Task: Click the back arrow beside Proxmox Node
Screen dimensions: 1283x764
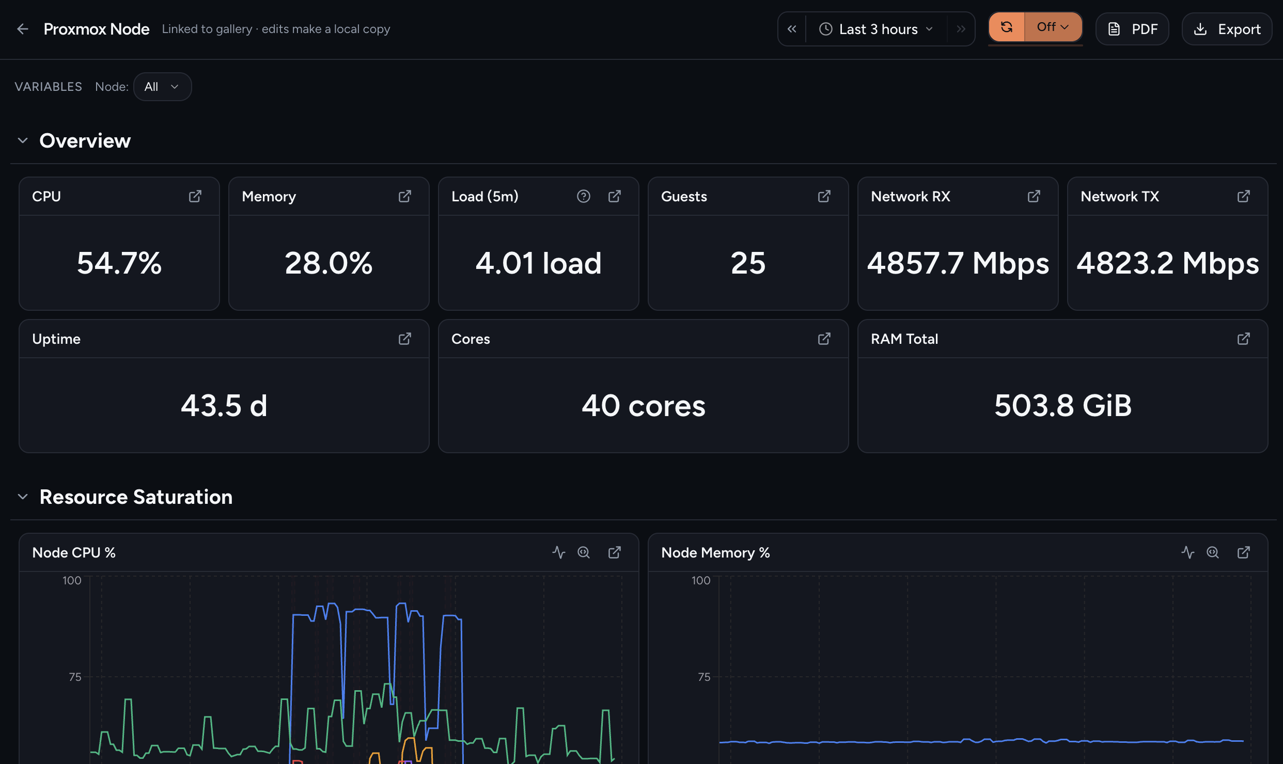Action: pos(23,29)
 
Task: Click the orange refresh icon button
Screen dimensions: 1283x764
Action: pos(1006,27)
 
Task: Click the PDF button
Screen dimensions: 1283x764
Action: pos(1132,29)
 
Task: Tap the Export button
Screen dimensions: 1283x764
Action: pos(1227,29)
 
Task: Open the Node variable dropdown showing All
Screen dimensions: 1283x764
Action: pos(162,87)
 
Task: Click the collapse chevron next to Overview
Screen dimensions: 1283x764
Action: pos(23,140)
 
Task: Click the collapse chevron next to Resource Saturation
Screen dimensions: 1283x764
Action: pos(23,497)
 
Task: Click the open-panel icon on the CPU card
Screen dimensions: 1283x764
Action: pos(195,196)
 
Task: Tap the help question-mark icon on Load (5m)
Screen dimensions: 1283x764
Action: pos(584,196)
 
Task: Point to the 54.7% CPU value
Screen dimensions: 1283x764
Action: pos(119,263)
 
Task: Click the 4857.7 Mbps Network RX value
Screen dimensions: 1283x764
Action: pos(958,263)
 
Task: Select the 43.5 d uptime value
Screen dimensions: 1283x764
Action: pos(224,405)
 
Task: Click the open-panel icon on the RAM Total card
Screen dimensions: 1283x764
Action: pos(1244,339)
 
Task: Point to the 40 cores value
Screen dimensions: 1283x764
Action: pos(644,405)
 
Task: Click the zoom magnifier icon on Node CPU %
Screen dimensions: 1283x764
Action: pos(584,552)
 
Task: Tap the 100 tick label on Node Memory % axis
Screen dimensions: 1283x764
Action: pos(701,580)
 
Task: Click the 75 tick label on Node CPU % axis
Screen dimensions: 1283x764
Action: pos(75,677)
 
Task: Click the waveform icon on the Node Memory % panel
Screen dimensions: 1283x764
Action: pos(1188,552)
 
